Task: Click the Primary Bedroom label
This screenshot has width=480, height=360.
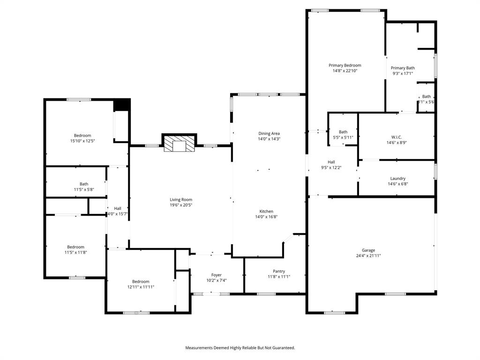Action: pos(345,65)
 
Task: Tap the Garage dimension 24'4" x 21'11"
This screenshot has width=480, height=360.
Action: pos(368,256)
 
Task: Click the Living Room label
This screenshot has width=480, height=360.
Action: pos(181,200)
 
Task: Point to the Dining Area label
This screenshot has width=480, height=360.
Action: pos(269,133)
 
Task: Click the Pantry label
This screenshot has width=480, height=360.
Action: pos(279,271)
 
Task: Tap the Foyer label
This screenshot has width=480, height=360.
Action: pos(216,275)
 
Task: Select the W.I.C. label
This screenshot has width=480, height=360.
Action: pos(397,137)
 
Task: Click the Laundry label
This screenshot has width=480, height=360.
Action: pos(397,178)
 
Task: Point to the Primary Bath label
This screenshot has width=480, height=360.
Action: pos(403,67)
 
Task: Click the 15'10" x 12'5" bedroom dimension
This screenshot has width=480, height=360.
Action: pos(82,141)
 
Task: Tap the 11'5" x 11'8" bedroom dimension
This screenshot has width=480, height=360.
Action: pos(75,252)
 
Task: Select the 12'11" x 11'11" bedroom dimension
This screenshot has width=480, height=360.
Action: pos(141,287)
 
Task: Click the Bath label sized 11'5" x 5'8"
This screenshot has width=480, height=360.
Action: pos(84,184)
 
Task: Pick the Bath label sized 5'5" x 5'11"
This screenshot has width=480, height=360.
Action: pos(343,132)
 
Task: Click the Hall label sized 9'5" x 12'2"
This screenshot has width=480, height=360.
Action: pos(331,162)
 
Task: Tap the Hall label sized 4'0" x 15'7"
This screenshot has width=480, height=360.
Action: pos(117,208)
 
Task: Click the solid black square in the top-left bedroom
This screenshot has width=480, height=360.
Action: pos(122,105)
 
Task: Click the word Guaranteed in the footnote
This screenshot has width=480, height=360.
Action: pos(283,348)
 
